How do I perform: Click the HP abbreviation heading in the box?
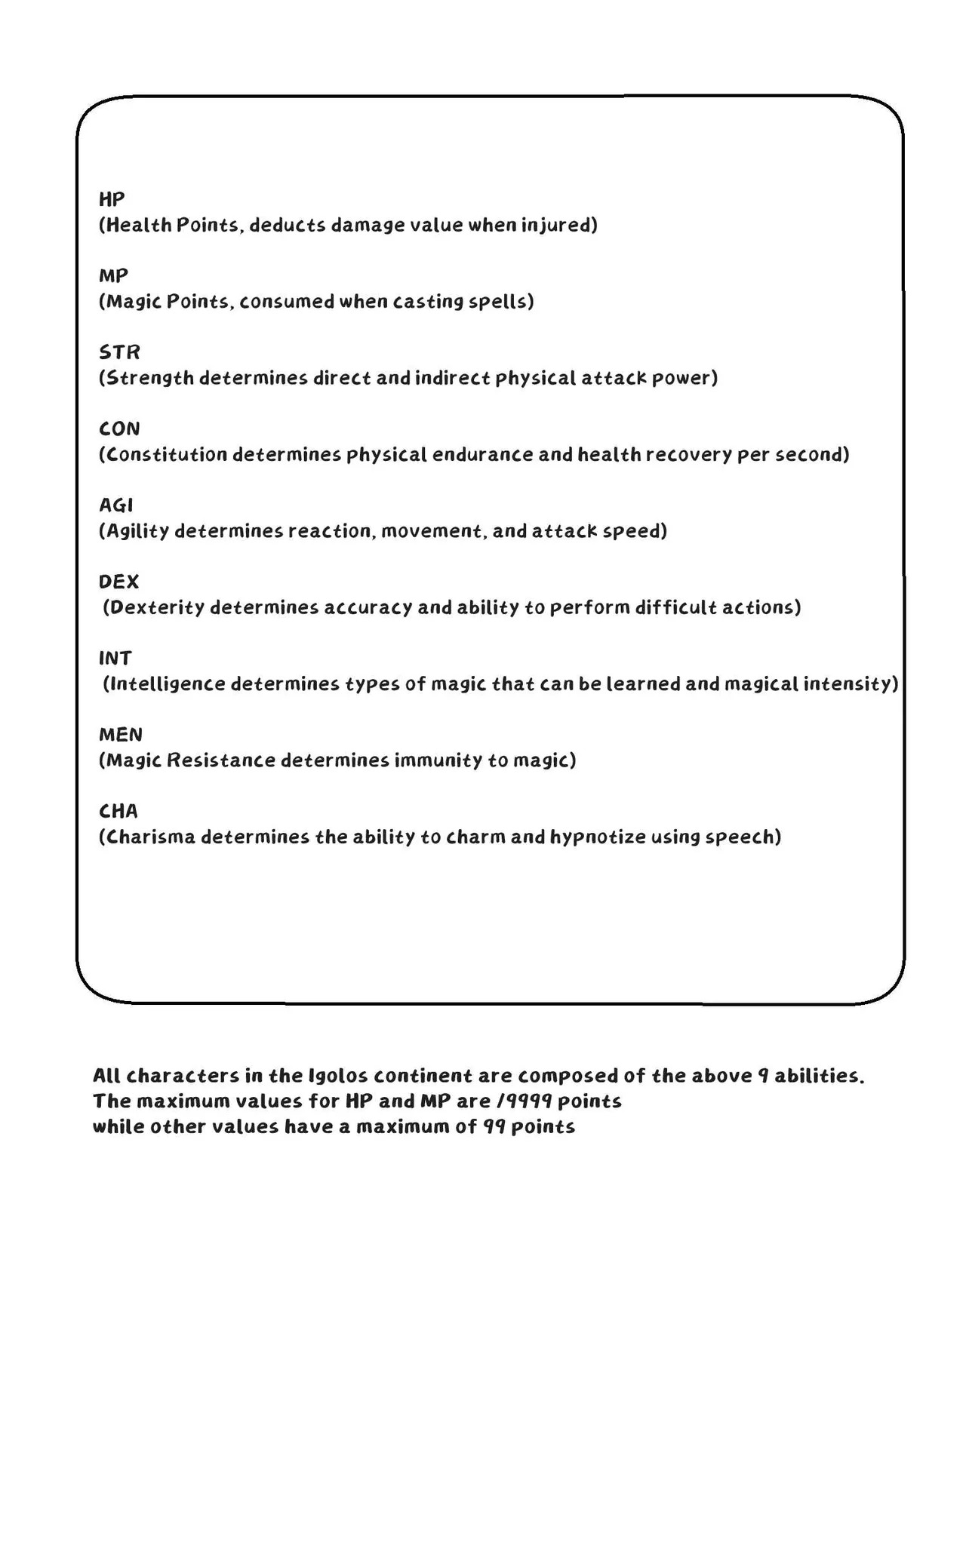pos(112,199)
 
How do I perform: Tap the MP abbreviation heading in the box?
pos(113,275)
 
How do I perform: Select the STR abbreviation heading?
pos(119,352)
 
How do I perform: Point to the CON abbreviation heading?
pos(119,428)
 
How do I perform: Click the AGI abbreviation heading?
pos(115,505)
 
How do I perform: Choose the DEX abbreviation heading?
pos(118,582)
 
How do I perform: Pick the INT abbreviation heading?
pos(115,658)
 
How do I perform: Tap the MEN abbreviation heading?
pos(120,734)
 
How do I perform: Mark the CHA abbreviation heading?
pos(118,811)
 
